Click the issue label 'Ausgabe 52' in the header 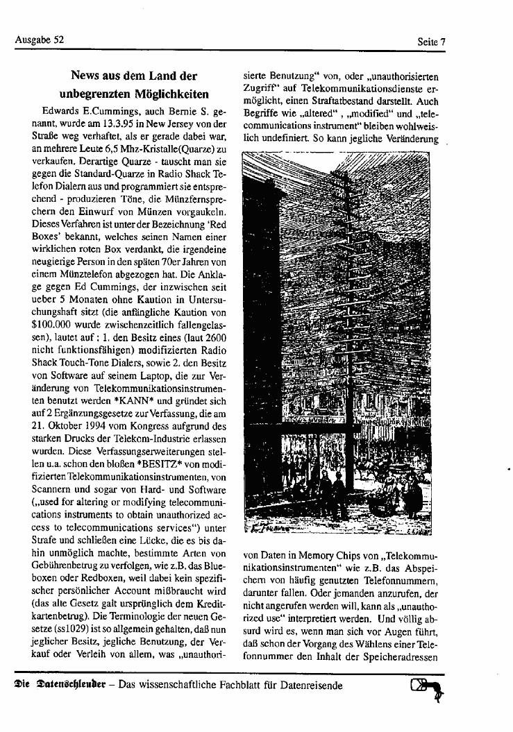pos(39,40)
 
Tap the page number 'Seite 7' pos(430,42)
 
